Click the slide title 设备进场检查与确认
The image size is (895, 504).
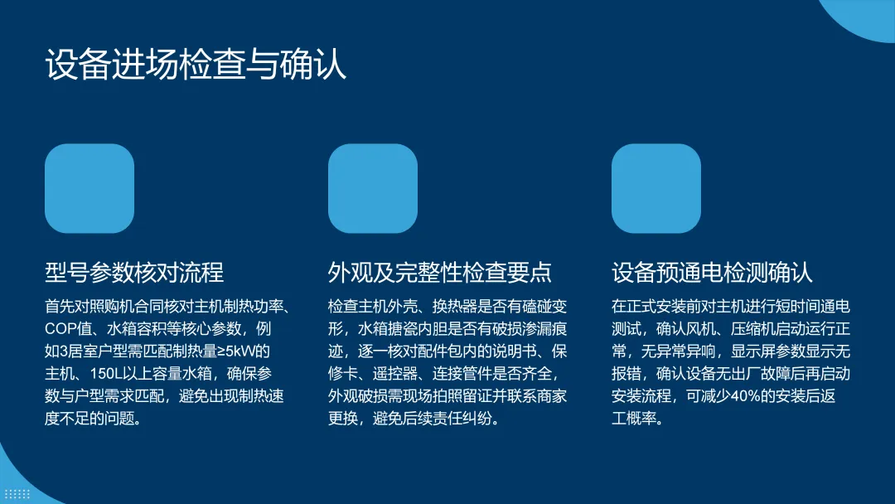click(x=196, y=64)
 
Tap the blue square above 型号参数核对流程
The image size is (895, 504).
click(x=89, y=188)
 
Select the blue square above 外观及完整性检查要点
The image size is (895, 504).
click(x=373, y=188)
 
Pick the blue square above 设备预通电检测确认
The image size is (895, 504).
click(x=656, y=188)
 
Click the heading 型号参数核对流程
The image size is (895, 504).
click(x=134, y=272)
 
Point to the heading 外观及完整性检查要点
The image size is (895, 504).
click(x=439, y=272)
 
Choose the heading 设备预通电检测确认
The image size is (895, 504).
click(x=712, y=272)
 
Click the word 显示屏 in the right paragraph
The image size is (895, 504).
click(x=752, y=351)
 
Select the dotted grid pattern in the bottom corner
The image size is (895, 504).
click(x=17, y=494)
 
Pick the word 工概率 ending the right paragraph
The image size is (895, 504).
click(x=634, y=419)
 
